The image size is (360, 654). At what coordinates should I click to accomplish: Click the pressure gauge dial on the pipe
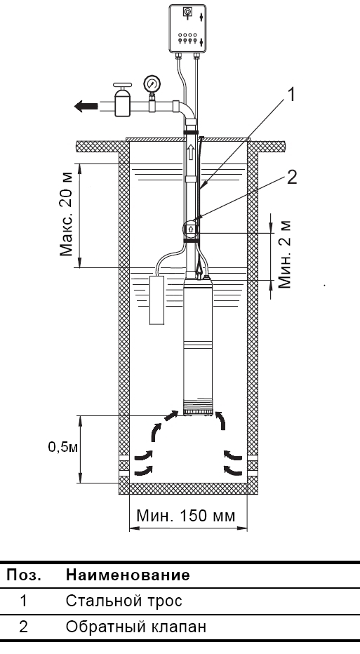click(152, 84)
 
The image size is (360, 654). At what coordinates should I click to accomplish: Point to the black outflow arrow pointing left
click(86, 106)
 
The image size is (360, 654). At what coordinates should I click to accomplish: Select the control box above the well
click(187, 29)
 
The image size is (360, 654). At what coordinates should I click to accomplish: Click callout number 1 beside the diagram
click(291, 95)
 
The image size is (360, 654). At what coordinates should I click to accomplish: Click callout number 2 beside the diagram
click(292, 177)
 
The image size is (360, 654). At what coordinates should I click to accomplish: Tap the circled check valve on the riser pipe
click(191, 229)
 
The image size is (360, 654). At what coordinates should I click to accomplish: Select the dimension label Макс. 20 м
click(67, 215)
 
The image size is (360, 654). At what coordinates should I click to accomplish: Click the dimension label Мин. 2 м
click(284, 255)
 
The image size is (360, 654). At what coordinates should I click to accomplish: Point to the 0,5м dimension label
click(62, 447)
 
